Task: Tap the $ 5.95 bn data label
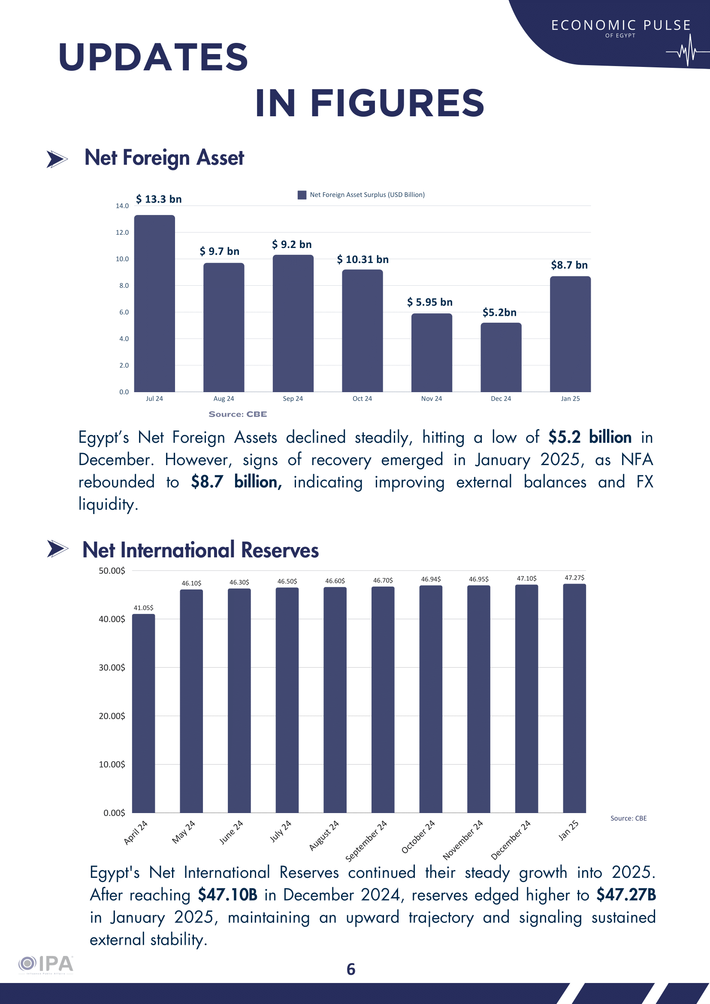pyautogui.click(x=429, y=302)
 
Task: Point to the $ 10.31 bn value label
pyautogui.click(x=363, y=259)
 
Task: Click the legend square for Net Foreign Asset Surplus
pyautogui.click(x=302, y=195)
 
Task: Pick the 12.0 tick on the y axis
pyautogui.click(x=122, y=232)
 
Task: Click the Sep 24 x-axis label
pyautogui.click(x=293, y=398)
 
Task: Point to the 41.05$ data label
pyautogui.click(x=143, y=608)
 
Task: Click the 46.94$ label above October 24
pyautogui.click(x=431, y=579)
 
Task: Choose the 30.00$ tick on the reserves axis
pyautogui.click(x=112, y=667)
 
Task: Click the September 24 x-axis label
pyautogui.click(x=366, y=841)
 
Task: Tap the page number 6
pyautogui.click(x=350, y=969)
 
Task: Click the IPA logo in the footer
pyautogui.click(x=46, y=964)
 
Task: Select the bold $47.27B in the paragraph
pyautogui.click(x=626, y=895)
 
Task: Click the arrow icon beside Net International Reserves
pyautogui.click(x=57, y=549)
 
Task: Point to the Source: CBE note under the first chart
pyautogui.click(x=237, y=414)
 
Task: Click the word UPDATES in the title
pyautogui.click(x=154, y=57)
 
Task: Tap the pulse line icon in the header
pyautogui.click(x=687, y=51)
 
